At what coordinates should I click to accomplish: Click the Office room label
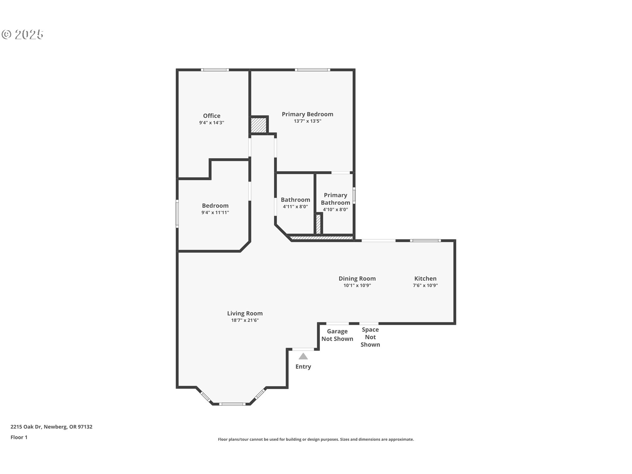point(212,116)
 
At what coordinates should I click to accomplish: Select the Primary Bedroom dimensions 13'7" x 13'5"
point(307,121)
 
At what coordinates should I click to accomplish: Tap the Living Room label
point(245,313)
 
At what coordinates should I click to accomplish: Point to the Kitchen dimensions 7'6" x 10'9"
point(425,286)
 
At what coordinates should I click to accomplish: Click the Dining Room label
point(357,278)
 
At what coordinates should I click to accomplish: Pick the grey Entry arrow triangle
point(303,356)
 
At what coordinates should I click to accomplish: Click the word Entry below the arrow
point(303,367)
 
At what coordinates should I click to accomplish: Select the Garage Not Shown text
point(337,335)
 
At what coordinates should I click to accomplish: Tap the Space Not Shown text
point(370,337)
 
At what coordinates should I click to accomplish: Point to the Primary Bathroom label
point(335,199)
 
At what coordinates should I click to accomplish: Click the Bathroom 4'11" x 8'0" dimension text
point(295,207)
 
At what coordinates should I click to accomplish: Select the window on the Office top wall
point(215,70)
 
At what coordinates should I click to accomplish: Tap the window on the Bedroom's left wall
point(177,214)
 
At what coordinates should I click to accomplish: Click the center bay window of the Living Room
point(232,404)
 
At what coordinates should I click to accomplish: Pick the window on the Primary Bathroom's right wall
point(354,195)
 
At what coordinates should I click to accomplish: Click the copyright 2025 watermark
point(23,35)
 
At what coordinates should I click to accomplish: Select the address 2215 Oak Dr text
point(51,427)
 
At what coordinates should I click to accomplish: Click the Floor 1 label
point(19,437)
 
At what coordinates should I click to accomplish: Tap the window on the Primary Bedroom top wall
point(312,70)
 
